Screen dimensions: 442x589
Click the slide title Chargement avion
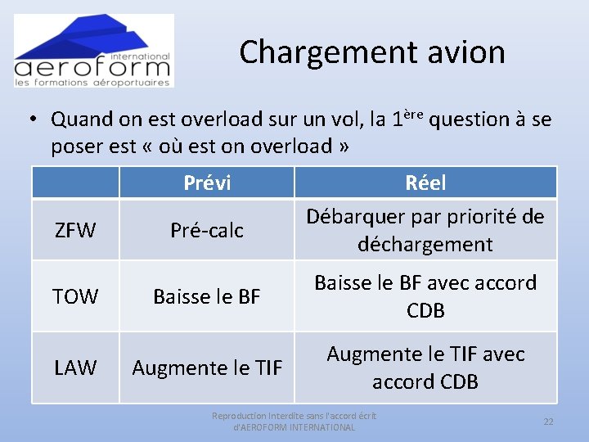point(372,52)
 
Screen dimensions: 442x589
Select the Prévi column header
point(207,183)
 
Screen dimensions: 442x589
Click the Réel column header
point(425,183)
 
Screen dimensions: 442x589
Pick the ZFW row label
point(75,231)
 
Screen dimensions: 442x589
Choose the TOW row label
point(75,296)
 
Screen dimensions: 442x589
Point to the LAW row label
point(75,368)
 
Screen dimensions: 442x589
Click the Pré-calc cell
point(207,231)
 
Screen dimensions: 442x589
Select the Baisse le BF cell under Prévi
point(207,296)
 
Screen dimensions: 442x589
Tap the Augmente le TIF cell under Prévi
point(207,368)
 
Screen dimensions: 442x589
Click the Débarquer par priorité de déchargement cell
point(425,230)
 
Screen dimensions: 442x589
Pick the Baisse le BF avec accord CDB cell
point(425,296)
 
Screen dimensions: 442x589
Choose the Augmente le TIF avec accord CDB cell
point(425,368)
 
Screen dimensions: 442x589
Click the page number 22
point(549,421)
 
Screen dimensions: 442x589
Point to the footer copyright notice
point(294,422)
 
